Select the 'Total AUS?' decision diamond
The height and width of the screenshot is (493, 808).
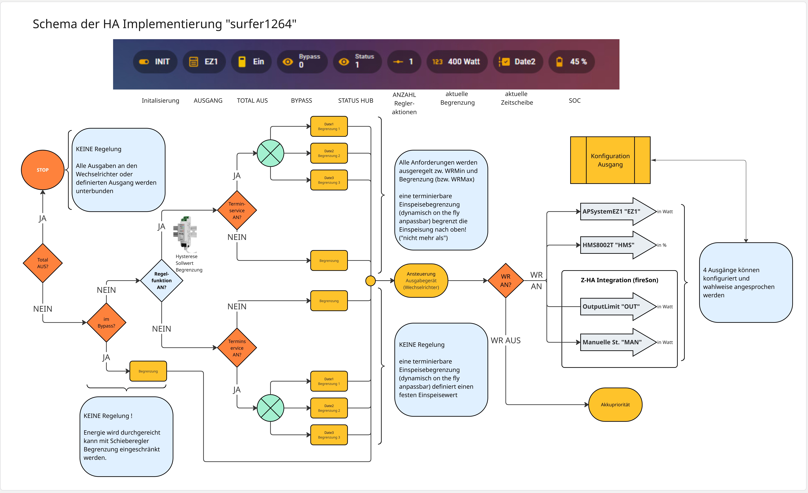(43, 263)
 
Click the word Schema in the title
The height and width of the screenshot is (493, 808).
(55, 24)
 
